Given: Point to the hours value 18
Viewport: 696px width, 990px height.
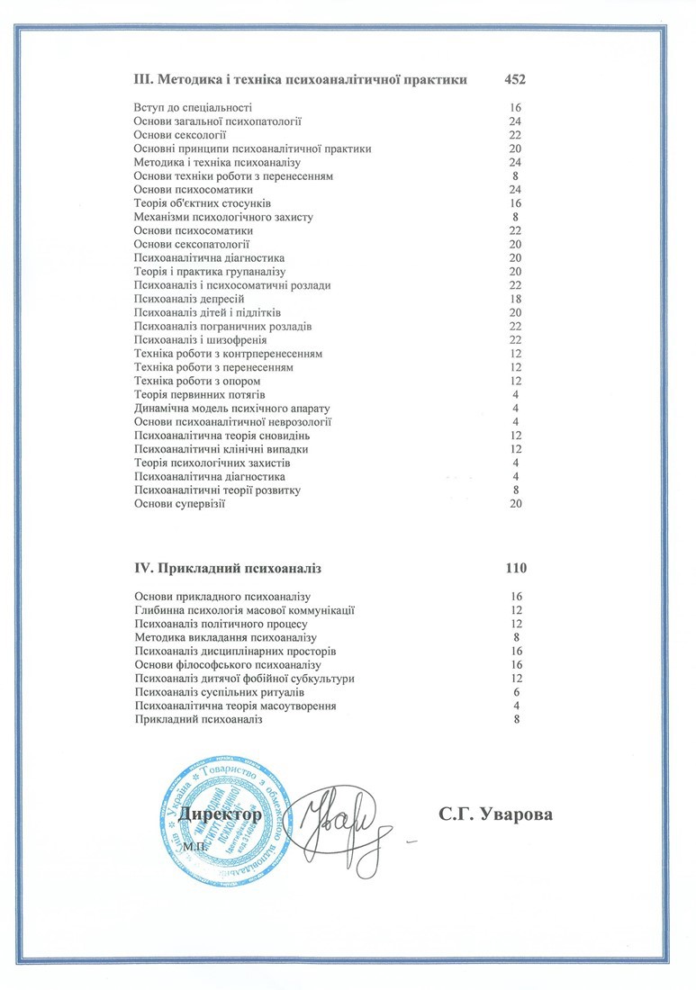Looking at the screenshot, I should tap(516, 299).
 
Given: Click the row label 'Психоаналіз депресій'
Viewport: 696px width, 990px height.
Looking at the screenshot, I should tap(189, 299).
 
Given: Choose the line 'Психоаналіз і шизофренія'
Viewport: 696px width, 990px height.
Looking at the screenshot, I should tap(201, 339).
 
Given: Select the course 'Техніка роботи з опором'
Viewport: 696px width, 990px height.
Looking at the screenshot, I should tap(197, 381).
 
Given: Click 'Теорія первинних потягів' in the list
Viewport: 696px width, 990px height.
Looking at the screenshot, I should tap(201, 394).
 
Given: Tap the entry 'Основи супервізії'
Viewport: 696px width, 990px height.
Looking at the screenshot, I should tap(178, 504).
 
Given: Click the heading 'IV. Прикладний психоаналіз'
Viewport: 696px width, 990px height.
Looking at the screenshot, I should tap(228, 569).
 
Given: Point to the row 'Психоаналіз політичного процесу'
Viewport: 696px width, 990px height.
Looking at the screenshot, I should tap(221, 624).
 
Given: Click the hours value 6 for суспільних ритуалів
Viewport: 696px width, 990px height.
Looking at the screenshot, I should tap(516, 692).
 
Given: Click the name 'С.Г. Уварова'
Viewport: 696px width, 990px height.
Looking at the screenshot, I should tap(495, 814).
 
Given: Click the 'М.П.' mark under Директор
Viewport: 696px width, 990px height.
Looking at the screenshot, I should tap(194, 847).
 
